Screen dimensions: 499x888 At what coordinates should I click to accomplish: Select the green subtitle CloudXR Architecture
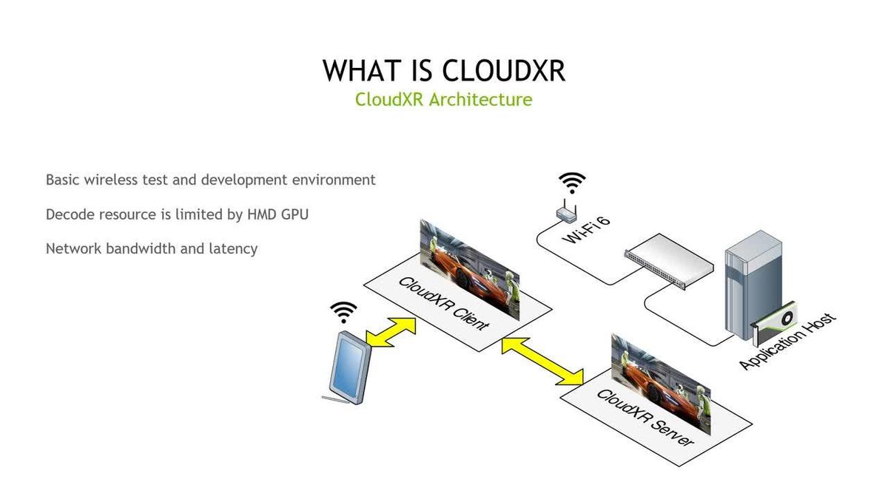[x=443, y=99]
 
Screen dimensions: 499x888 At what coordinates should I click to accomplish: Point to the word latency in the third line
[x=232, y=248]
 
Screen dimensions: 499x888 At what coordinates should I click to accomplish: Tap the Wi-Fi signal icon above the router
[x=571, y=183]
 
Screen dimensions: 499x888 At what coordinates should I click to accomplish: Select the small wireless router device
[x=567, y=213]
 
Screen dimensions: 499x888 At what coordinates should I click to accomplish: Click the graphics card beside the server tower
[x=773, y=325]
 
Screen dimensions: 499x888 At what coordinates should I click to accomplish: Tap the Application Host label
[x=788, y=341]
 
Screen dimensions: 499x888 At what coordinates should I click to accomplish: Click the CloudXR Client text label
[x=443, y=302]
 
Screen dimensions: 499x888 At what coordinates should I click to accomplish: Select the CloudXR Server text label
[x=645, y=417]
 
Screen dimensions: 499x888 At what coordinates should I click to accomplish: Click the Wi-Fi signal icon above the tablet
[x=343, y=313]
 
